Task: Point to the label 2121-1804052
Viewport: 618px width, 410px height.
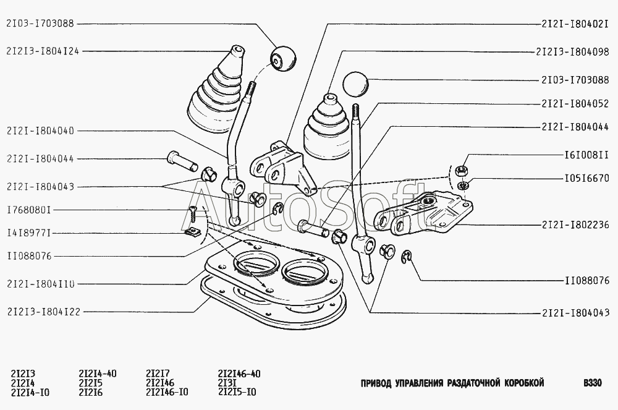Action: pos(572,103)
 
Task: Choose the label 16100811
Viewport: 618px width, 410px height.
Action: pos(586,156)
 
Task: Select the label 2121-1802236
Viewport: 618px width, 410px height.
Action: pos(572,224)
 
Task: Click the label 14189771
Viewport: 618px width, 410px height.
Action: pos(30,233)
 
